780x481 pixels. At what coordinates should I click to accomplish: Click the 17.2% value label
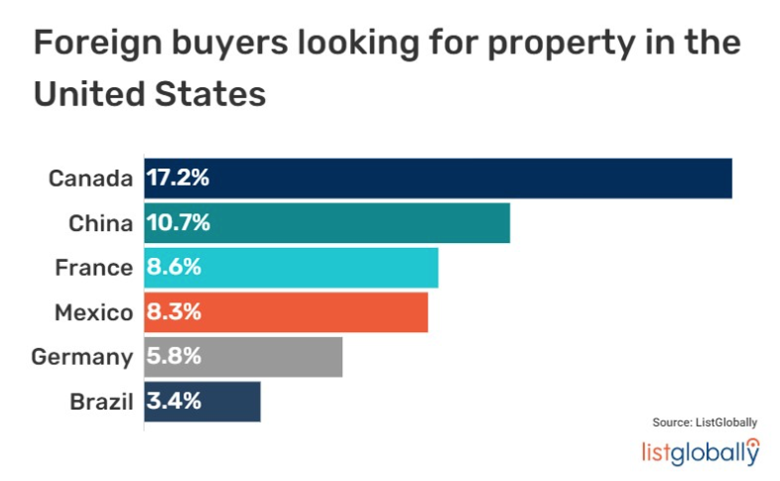click(179, 179)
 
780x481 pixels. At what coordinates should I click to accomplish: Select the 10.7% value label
click(179, 223)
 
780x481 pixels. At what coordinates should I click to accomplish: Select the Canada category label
click(90, 179)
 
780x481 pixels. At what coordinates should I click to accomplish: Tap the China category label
click(100, 223)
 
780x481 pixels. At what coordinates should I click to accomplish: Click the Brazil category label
click(101, 402)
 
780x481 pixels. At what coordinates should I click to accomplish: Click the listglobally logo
click(701, 451)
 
